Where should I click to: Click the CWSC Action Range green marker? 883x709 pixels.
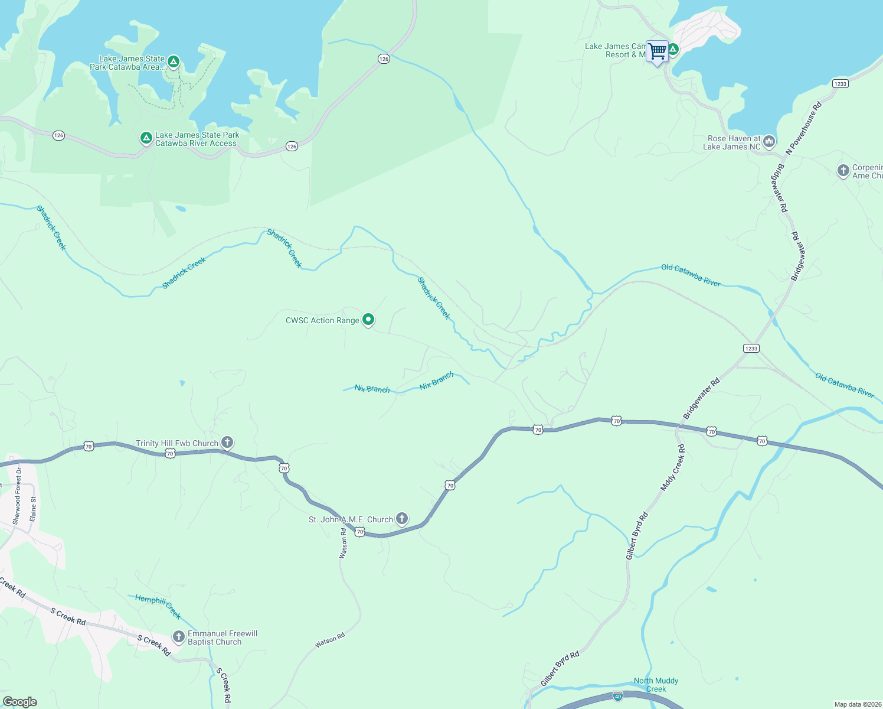368,320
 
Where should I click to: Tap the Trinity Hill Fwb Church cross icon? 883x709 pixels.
227,443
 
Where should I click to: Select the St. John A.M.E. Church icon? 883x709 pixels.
401,519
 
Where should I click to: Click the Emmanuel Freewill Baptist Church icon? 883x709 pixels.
178,637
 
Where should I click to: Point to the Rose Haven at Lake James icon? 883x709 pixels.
768,141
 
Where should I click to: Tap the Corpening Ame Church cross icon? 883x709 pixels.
843,171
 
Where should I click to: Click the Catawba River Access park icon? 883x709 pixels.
146,138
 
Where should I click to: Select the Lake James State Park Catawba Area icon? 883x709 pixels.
173,61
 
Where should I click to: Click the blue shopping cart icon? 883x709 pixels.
657,51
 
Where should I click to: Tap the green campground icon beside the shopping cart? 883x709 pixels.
673,50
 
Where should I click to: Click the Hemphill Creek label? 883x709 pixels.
158,606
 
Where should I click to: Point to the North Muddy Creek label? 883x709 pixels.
656,685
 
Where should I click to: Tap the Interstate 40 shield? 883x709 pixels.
617,696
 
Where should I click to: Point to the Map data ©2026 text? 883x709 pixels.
858,704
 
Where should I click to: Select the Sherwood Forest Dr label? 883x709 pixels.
17,495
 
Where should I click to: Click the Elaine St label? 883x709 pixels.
33,508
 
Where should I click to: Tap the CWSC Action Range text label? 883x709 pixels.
322,320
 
